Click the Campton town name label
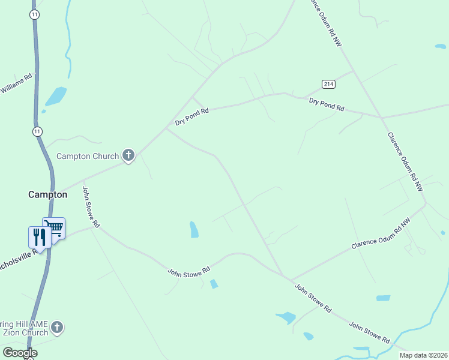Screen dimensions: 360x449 (48, 194)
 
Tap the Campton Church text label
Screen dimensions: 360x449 (88, 156)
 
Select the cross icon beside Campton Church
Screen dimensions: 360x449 (128, 156)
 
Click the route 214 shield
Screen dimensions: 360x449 (328, 83)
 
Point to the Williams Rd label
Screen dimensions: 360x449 (16, 85)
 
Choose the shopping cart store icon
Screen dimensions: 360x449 (54, 227)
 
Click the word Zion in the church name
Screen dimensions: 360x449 (13, 332)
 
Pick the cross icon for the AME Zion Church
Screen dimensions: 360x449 (57, 328)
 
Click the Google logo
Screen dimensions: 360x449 (20, 353)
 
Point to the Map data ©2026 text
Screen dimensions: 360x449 (423, 355)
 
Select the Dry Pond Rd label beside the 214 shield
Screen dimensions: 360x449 (327, 104)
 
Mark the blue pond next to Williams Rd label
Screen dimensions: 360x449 (56, 95)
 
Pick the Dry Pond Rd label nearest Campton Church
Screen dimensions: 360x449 (191, 116)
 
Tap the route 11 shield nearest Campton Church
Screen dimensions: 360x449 (38, 131)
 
